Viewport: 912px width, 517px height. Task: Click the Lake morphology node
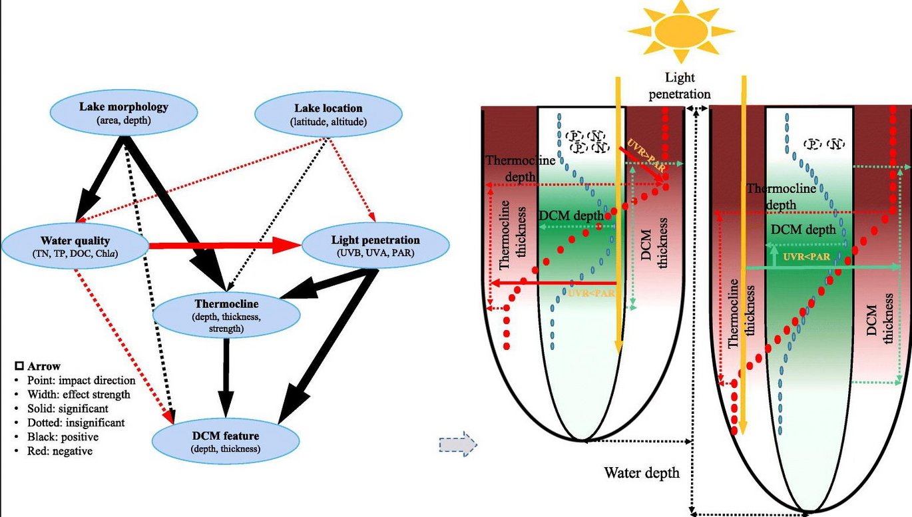tap(124, 113)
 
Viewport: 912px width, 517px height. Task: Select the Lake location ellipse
tap(328, 114)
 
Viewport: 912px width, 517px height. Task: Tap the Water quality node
tap(75, 246)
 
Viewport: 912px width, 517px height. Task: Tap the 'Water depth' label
tap(641, 473)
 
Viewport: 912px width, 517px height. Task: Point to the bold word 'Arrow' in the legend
tap(45, 366)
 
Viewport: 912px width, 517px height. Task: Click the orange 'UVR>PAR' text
tap(641, 151)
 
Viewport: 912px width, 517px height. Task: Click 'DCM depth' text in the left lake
tap(571, 216)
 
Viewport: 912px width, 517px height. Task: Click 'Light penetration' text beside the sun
tap(679, 86)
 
